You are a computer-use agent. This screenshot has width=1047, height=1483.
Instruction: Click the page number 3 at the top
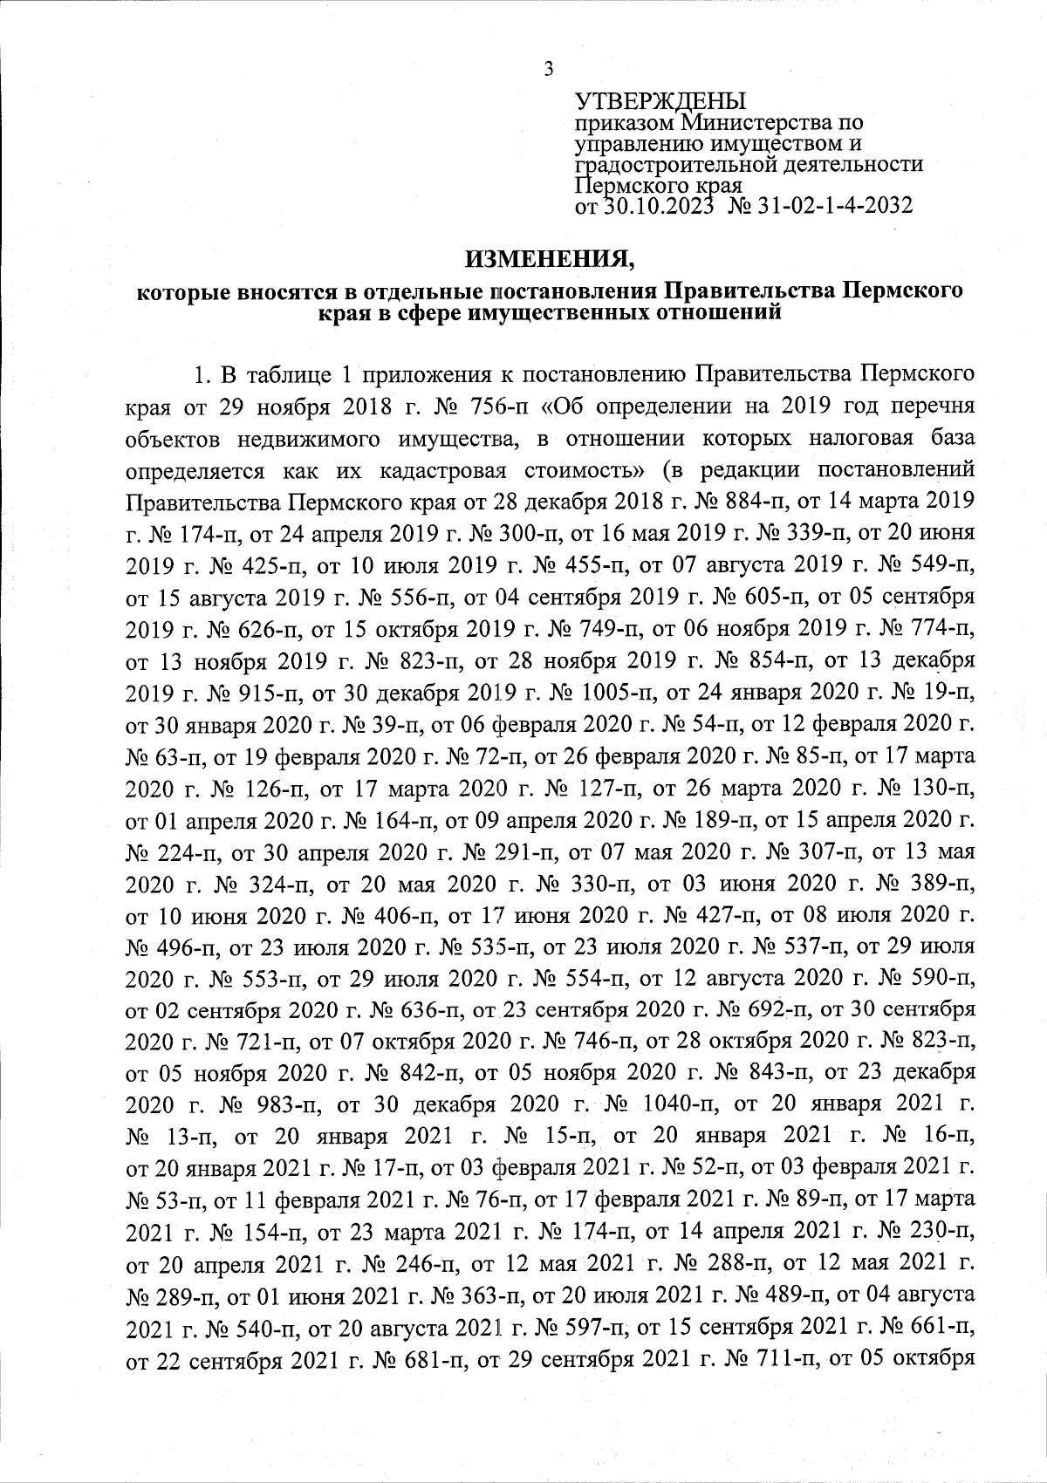548,69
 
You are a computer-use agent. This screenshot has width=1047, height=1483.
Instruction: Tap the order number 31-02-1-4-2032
840,207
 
